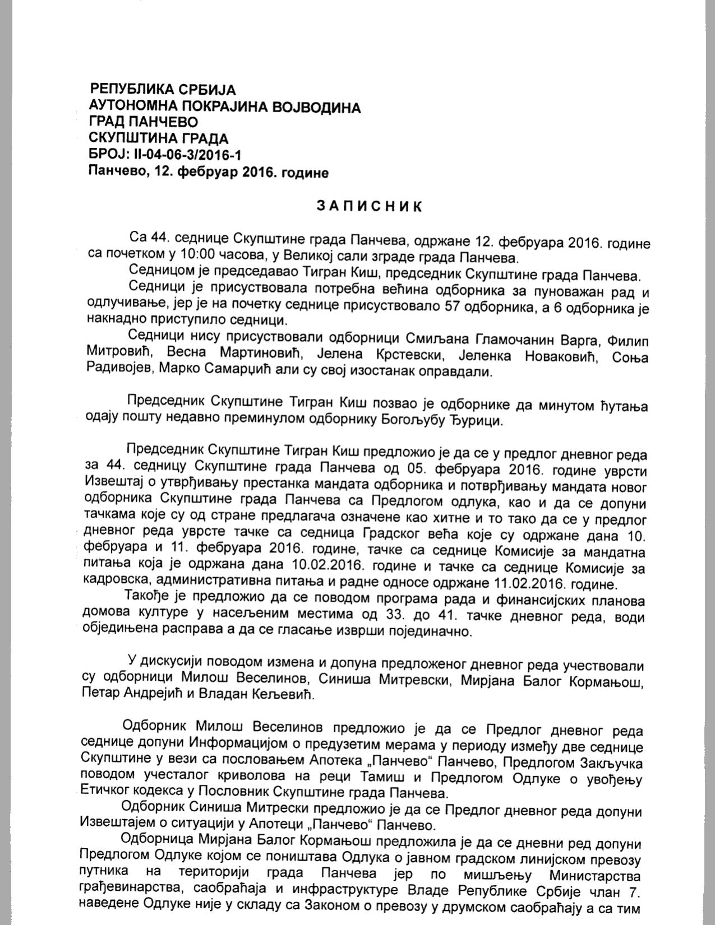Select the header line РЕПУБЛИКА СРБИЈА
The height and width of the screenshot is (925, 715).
163,89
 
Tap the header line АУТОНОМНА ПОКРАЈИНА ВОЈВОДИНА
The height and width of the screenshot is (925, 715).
225,106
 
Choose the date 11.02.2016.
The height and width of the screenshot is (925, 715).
551,584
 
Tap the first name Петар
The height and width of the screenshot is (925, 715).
103,695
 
